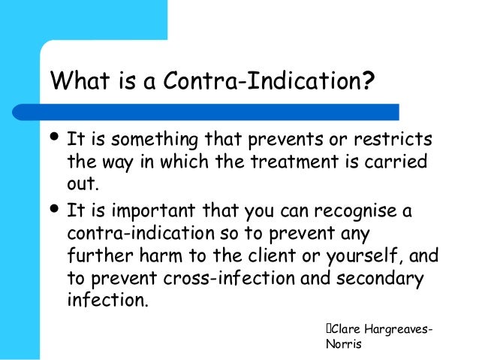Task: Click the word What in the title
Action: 76,80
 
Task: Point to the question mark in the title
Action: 368,80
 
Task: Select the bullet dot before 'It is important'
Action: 57,206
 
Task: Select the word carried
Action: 390,162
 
